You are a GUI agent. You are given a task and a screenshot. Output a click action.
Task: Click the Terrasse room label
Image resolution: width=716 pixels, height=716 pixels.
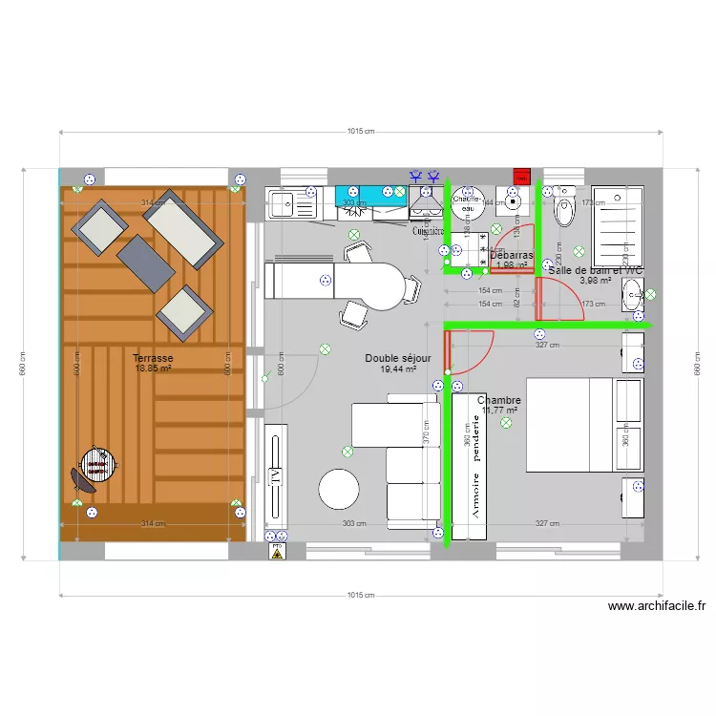[153, 357]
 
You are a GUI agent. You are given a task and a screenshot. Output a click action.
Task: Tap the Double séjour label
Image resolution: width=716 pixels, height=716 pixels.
[398, 358]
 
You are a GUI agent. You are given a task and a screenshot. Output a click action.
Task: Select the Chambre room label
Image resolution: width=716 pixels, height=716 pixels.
[498, 401]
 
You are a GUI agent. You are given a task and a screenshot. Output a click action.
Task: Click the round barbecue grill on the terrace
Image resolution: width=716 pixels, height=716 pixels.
[96, 465]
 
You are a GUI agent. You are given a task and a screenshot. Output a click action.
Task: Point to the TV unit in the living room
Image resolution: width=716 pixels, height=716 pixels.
[276, 474]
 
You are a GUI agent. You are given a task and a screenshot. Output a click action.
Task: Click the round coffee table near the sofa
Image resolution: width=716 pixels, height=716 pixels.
[339, 490]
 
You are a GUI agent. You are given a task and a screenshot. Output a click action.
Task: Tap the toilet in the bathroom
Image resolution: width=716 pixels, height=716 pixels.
[563, 212]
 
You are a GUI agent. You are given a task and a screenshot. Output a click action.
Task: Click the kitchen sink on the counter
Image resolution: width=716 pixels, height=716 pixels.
[283, 202]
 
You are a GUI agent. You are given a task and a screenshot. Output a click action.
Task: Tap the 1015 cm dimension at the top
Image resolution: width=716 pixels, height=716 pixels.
[360, 133]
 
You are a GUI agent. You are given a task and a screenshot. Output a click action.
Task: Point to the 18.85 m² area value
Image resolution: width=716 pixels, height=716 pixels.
[153, 369]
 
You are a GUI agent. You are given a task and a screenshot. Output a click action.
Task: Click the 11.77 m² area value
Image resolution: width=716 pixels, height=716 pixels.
[499, 411]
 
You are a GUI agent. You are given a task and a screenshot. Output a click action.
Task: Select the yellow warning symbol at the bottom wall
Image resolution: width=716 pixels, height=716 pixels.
[278, 553]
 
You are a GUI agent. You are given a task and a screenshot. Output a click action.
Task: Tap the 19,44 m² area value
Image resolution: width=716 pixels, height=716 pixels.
[398, 369]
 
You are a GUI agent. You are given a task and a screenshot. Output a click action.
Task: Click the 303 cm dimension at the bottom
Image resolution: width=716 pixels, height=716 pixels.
[354, 524]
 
